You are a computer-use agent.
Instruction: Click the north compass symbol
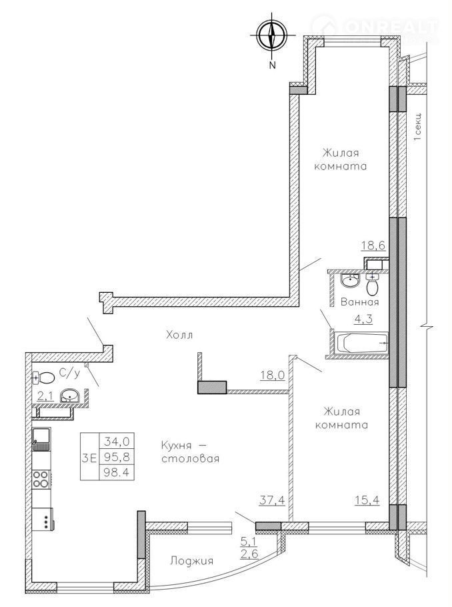tap(273, 35)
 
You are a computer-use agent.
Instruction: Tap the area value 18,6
tap(373, 245)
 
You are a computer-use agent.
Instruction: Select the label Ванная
tap(359, 301)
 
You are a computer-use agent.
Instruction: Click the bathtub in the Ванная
tap(362, 344)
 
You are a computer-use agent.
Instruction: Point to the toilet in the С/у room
tap(44, 378)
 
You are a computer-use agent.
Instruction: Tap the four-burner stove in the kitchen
tap(41, 479)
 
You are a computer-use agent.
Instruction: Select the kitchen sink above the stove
tap(41, 440)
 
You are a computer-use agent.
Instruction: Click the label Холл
tap(179, 335)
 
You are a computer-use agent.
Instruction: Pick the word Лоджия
tap(192, 561)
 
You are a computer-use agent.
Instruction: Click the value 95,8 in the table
tap(117, 457)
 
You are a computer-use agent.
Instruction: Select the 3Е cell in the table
tap(89, 458)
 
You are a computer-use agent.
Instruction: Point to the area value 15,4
tap(367, 500)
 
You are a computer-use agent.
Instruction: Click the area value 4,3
tap(364, 320)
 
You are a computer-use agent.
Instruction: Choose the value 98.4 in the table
tap(117, 472)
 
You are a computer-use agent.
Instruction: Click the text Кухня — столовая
tap(191, 452)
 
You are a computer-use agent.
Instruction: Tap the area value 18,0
tap(273, 375)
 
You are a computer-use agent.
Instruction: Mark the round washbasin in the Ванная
tap(350, 280)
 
